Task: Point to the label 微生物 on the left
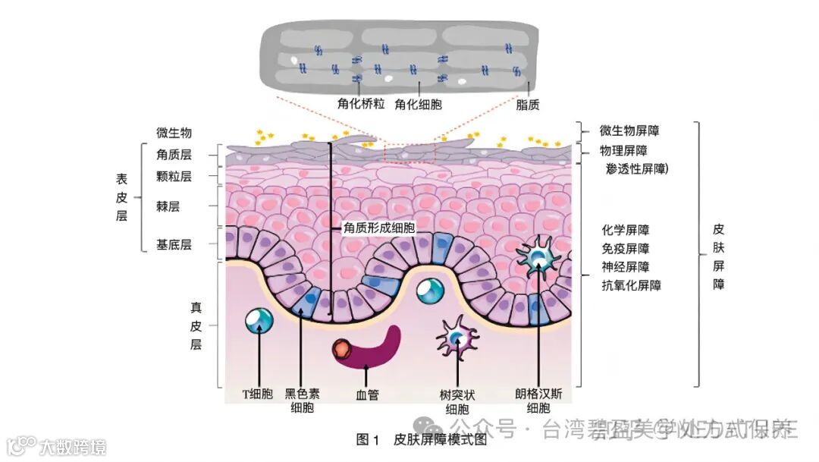pyautogui.click(x=174, y=134)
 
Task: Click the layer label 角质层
pyautogui.click(x=174, y=155)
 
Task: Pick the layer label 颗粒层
pyautogui.click(x=174, y=177)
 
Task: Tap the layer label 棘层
pyautogui.click(x=168, y=206)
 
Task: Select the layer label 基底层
pyautogui.click(x=174, y=244)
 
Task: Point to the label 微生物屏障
pyautogui.click(x=629, y=131)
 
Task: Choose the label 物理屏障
pyautogui.click(x=623, y=151)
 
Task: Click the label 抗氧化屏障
pyautogui.click(x=631, y=286)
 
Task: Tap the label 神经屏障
pyautogui.click(x=625, y=267)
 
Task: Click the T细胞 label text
pyautogui.click(x=257, y=394)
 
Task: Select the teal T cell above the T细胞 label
pyautogui.click(x=259, y=320)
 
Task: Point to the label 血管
pyautogui.click(x=367, y=394)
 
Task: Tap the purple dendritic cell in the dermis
pyautogui.click(x=457, y=338)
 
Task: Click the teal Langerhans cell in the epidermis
pyautogui.click(x=538, y=256)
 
